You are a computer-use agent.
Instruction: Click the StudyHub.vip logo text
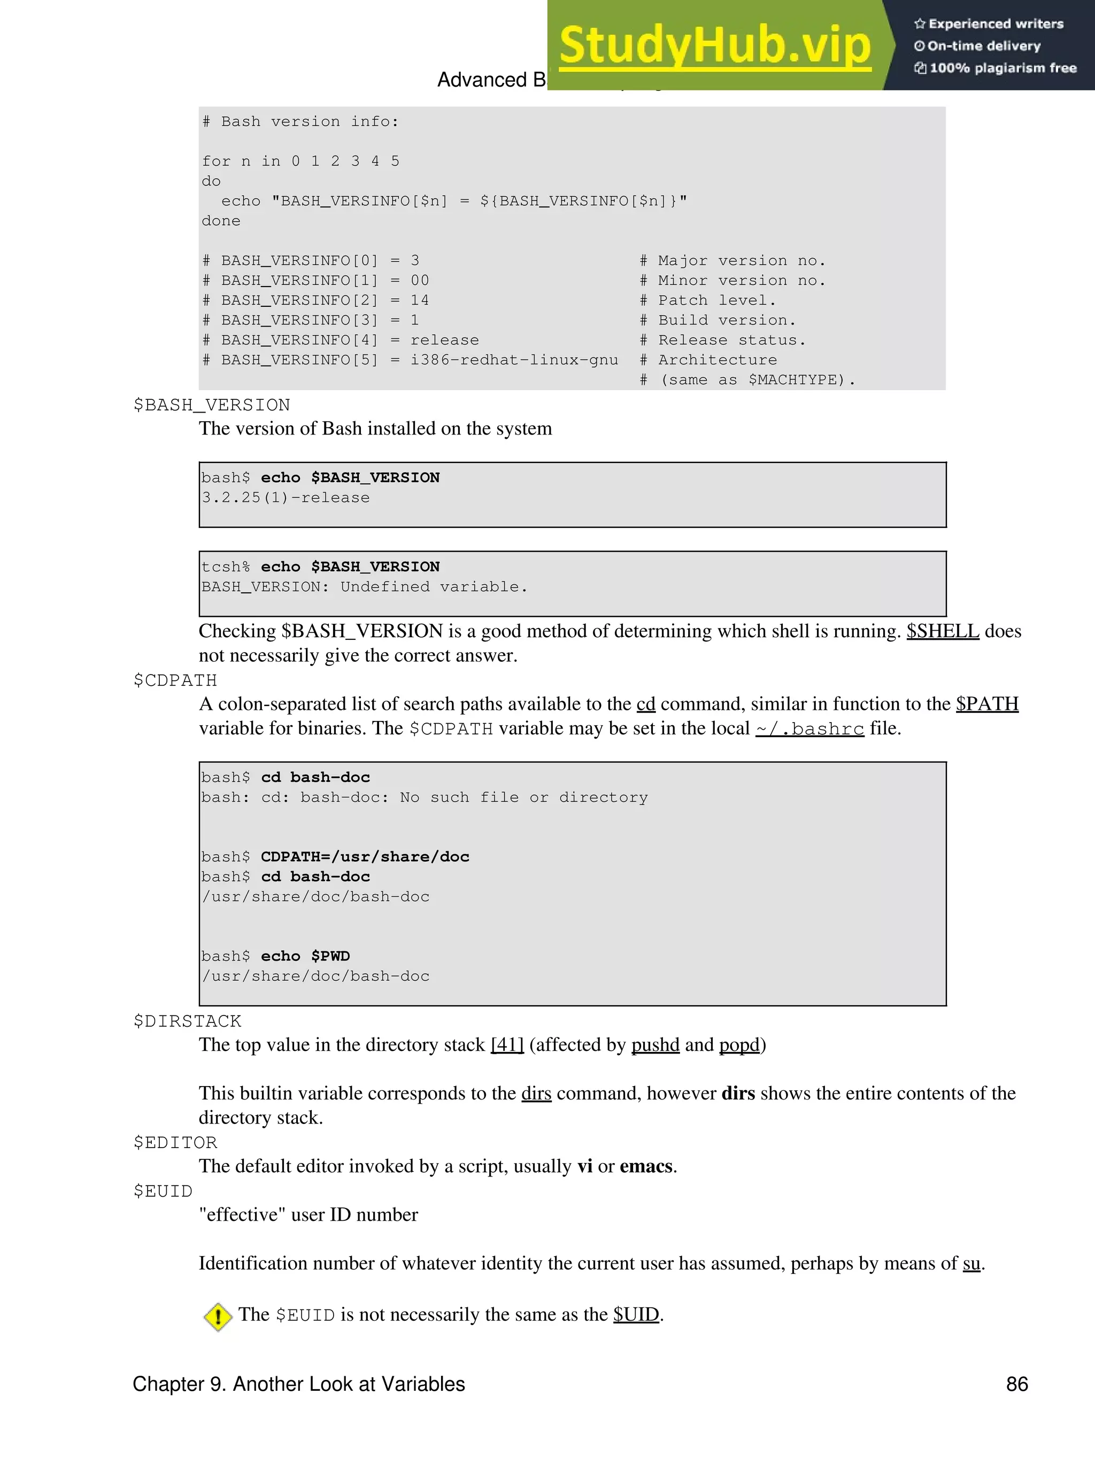[x=715, y=45]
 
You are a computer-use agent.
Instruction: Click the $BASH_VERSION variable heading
[x=212, y=405]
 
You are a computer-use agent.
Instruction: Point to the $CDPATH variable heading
[x=175, y=680]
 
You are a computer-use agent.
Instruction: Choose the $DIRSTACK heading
[x=187, y=1021]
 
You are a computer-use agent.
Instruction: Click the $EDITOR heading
[x=175, y=1142]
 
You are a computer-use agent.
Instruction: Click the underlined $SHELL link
[x=942, y=631]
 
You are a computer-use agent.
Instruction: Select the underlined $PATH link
[x=986, y=704]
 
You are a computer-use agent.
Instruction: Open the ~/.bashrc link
[x=809, y=728]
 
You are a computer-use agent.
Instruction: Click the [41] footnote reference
[x=507, y=1045]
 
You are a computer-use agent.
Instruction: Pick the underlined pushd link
[x=655, y=1045]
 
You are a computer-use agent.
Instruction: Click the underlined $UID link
[x=636, y=1314]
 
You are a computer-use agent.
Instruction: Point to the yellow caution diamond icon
[x=218, y=1317]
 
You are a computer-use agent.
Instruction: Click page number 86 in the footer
[x=1016, y=1384]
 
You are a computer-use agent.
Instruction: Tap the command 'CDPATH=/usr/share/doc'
[x=365, y=857]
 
